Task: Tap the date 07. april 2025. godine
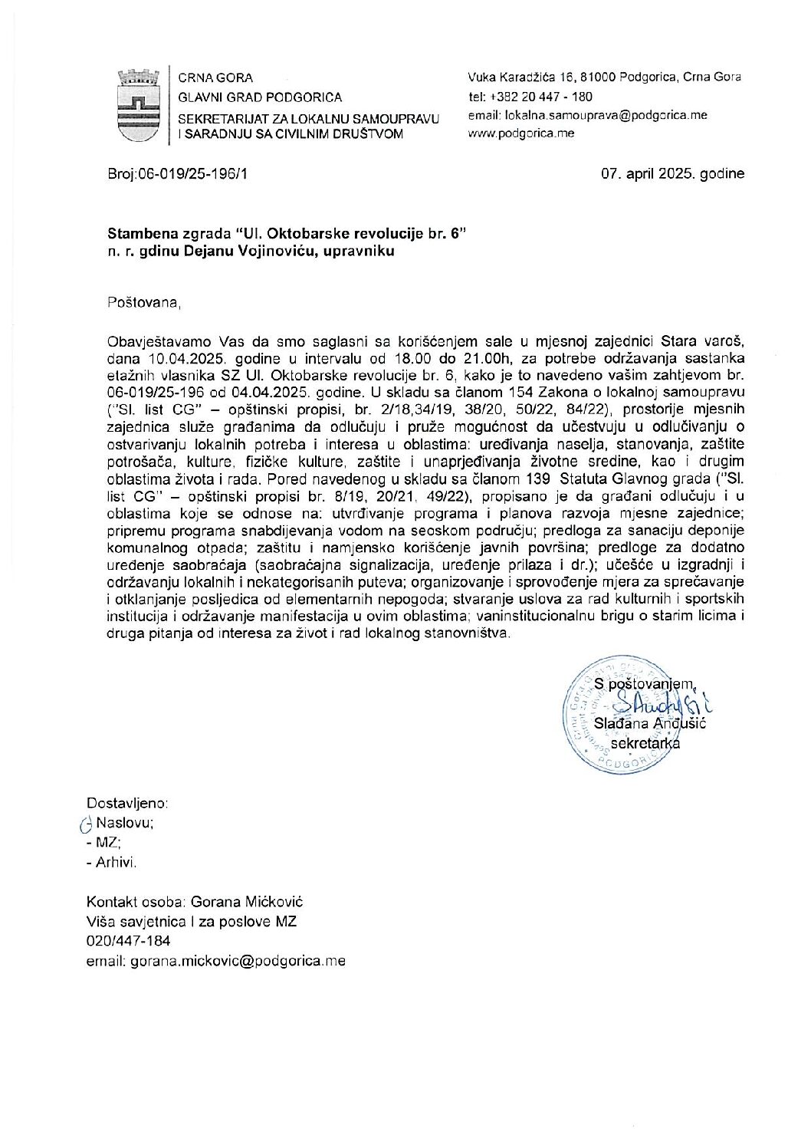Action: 673,174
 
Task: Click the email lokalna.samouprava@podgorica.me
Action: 587,115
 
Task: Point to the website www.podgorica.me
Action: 520,133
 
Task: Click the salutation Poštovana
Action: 144,303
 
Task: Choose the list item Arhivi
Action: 117,863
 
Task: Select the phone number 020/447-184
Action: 129,941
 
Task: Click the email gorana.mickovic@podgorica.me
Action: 216,960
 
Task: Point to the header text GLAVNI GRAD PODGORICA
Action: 260,97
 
